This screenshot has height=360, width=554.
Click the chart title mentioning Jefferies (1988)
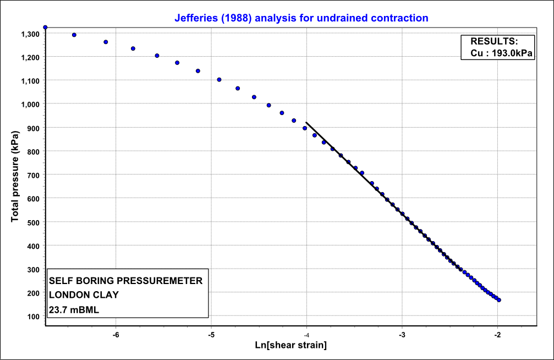(x=301, y=18)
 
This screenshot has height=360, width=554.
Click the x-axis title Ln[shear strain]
(x=290, y=345)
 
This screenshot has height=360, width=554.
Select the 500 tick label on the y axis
(x=32, y=222)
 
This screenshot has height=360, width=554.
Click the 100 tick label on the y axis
(x=32, y=316)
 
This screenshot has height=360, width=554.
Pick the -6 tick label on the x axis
(x=116, y=335)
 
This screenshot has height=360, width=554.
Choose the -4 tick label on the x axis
(x=306, y=335)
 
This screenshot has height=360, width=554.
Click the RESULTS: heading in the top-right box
(x=494, y=41)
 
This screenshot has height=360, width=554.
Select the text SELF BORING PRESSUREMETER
(x=126, y=281)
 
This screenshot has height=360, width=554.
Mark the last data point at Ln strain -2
(x=498, y=300)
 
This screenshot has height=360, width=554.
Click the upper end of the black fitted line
(x=306, y=122)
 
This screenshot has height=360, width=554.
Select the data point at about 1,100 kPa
(x=219, y=80)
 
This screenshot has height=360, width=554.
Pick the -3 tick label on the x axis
(x=402, y=335)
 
